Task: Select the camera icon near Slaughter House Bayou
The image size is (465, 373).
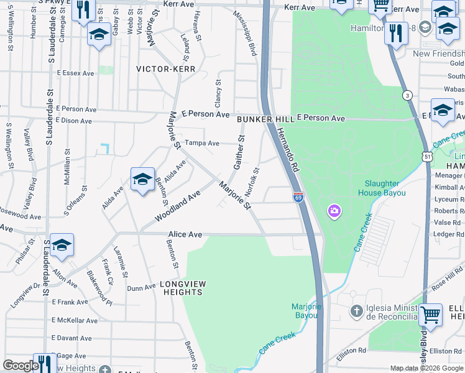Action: pos(335,211)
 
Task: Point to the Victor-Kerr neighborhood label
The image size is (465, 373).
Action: pos(166,69)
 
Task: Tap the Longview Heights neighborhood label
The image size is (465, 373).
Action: pos(183,288)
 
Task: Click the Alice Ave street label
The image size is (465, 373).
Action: pos(185,234)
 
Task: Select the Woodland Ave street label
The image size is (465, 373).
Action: pos(178,206)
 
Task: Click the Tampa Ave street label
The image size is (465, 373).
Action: pos(202,143)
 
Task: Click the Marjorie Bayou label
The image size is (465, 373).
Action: pos(306,311)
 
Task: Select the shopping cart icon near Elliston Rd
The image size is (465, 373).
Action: pos(431,315)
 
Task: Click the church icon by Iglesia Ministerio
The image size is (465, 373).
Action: pos(357,311)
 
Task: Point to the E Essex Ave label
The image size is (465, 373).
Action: pos(75,73)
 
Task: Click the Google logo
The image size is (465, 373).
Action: pos(21,366)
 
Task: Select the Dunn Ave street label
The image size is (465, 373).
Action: pos(141,288)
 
